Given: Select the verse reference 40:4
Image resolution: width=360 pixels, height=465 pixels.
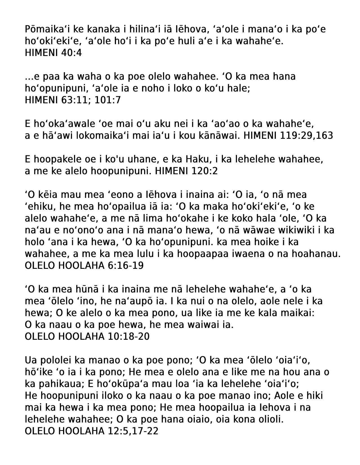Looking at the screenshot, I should tap(71, 53).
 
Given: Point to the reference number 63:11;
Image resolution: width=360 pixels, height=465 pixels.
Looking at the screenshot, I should tap(76, 100).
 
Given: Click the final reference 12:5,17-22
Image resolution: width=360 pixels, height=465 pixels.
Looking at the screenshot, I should tap(133, 431).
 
